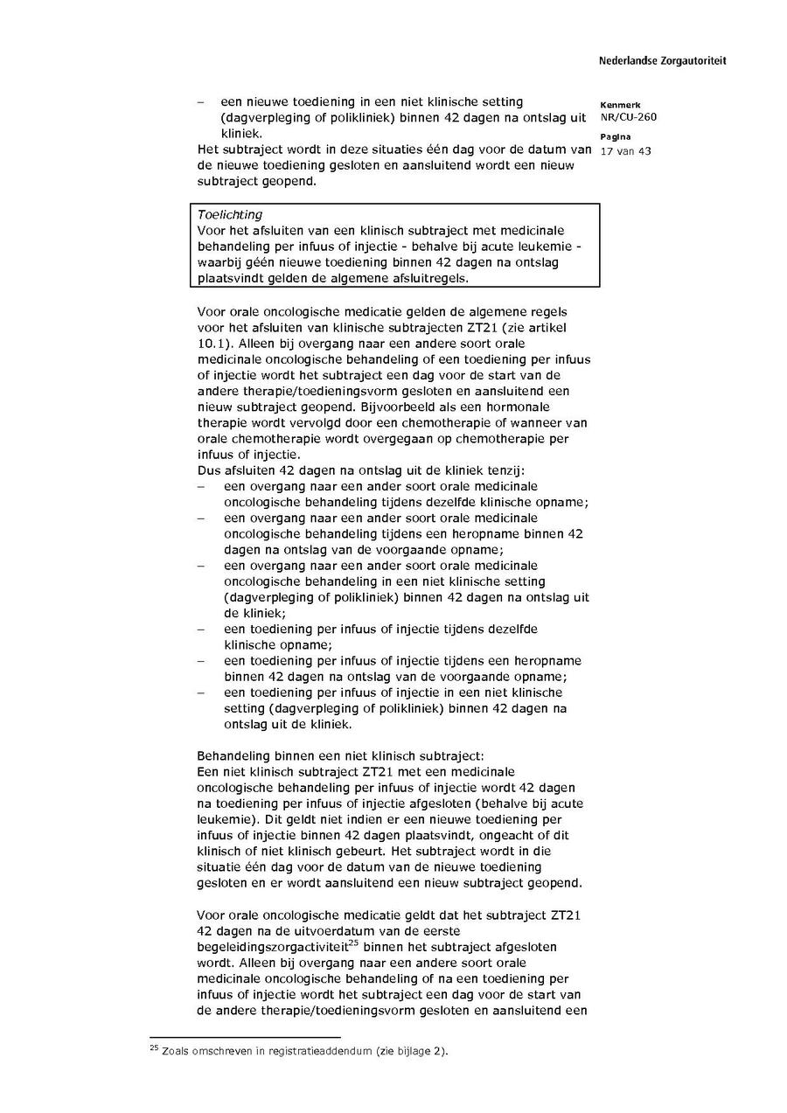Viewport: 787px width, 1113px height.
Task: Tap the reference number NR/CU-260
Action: point(628,117)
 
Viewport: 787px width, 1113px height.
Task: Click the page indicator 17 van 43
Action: point(625,151)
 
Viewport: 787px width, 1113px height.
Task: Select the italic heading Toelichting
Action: point(230,214)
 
